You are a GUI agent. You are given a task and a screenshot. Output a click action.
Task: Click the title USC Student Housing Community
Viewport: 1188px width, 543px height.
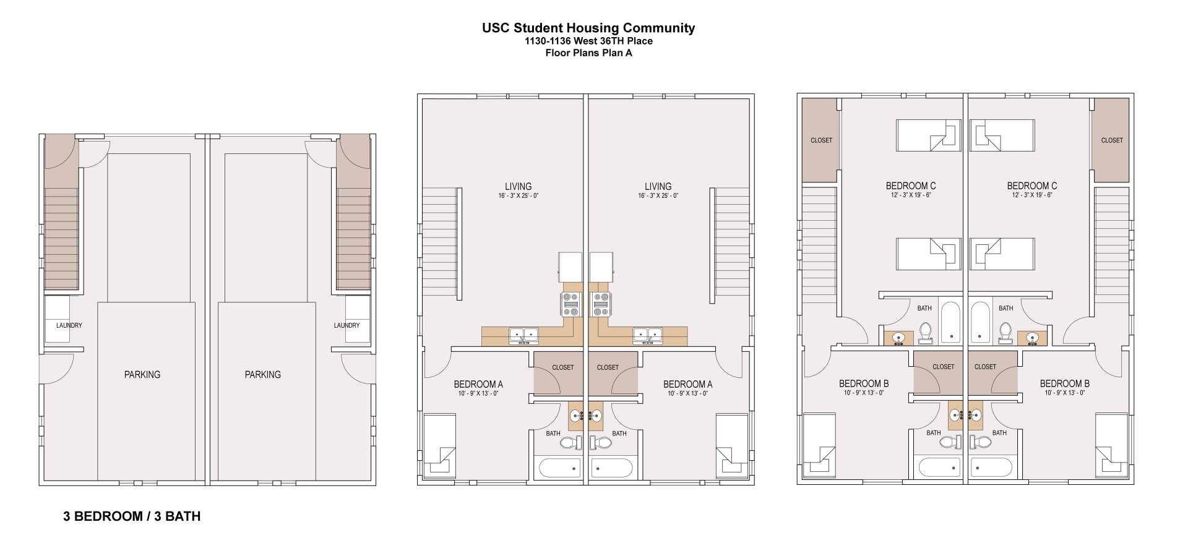pyautogui.click(x=588, y=28)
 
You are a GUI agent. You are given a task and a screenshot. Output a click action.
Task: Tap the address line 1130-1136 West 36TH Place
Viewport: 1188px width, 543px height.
pyautogui.click(x=588, y=41)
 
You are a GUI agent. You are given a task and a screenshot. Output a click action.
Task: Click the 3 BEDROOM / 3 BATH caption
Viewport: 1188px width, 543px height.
pyautogui.click(x=132, y=516)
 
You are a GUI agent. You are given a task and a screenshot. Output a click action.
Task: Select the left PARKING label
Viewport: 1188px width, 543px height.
pyautogui.click(x=142, y=375)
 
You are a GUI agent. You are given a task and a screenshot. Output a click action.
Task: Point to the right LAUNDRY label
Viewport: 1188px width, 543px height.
pyautogui.click(x=346, y=325)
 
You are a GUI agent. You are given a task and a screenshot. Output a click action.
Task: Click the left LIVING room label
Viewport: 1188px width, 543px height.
pyautogui.click(x=518, y=186)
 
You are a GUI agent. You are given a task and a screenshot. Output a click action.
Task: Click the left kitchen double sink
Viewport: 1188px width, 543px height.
pyautogui.click(x=523, y=336)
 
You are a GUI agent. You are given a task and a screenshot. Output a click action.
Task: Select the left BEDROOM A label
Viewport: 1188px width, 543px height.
pyautogui.click(x=478, y=384)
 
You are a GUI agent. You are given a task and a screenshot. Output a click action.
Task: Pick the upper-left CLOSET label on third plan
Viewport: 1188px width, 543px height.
pyautogui.click(x=821, y=140)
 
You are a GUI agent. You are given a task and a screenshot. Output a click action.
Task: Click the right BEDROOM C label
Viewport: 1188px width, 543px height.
pyautogui.click(x=1031, y=186)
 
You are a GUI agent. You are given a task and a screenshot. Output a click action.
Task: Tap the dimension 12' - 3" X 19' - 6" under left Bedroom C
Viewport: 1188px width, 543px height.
pyautogui.click(x=910, y=195)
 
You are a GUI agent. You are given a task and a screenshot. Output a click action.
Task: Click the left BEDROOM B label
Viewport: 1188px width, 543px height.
pyautogui.click(x=864, y=383)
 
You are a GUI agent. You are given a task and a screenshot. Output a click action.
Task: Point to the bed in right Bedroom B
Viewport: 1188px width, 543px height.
pyautogui.click(x=1111, y=445)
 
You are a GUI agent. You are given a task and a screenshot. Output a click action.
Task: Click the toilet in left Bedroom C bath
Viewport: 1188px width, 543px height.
pyautogui.click(x=926, y=333)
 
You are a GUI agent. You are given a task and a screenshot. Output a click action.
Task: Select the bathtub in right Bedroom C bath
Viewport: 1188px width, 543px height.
pyautogui.click(x=979, y=322)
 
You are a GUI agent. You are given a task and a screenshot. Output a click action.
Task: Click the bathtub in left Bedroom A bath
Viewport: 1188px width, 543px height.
pyautogui.click(x=559, y=467)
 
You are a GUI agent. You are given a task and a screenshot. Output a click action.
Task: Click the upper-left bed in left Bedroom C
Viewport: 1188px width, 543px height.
pyautogui.click(x=928, y=135)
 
